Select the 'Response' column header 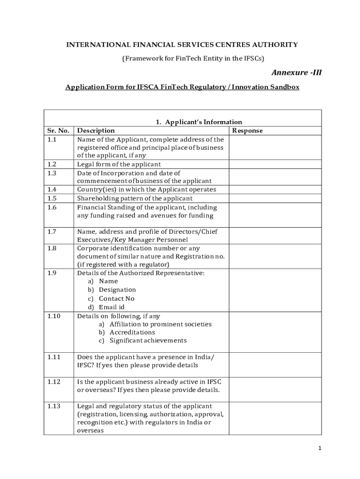(x=247, y=131)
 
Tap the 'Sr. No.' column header (x=58, y=131)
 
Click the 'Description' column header (x=96, y=131)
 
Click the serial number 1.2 (x=52, y=164)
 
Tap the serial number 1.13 (x=54, y=406)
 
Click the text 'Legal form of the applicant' (x=119, y=164)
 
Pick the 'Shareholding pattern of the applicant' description (x=132, y=198)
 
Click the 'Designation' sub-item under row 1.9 (x=117, y=290)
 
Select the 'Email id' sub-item (x=111, y=307)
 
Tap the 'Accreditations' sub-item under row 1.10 (x=132, y=332)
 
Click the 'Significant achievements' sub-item (x=148, y=341)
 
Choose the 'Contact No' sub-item (x=116, y=298)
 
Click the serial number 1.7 (x=52, y=232)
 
